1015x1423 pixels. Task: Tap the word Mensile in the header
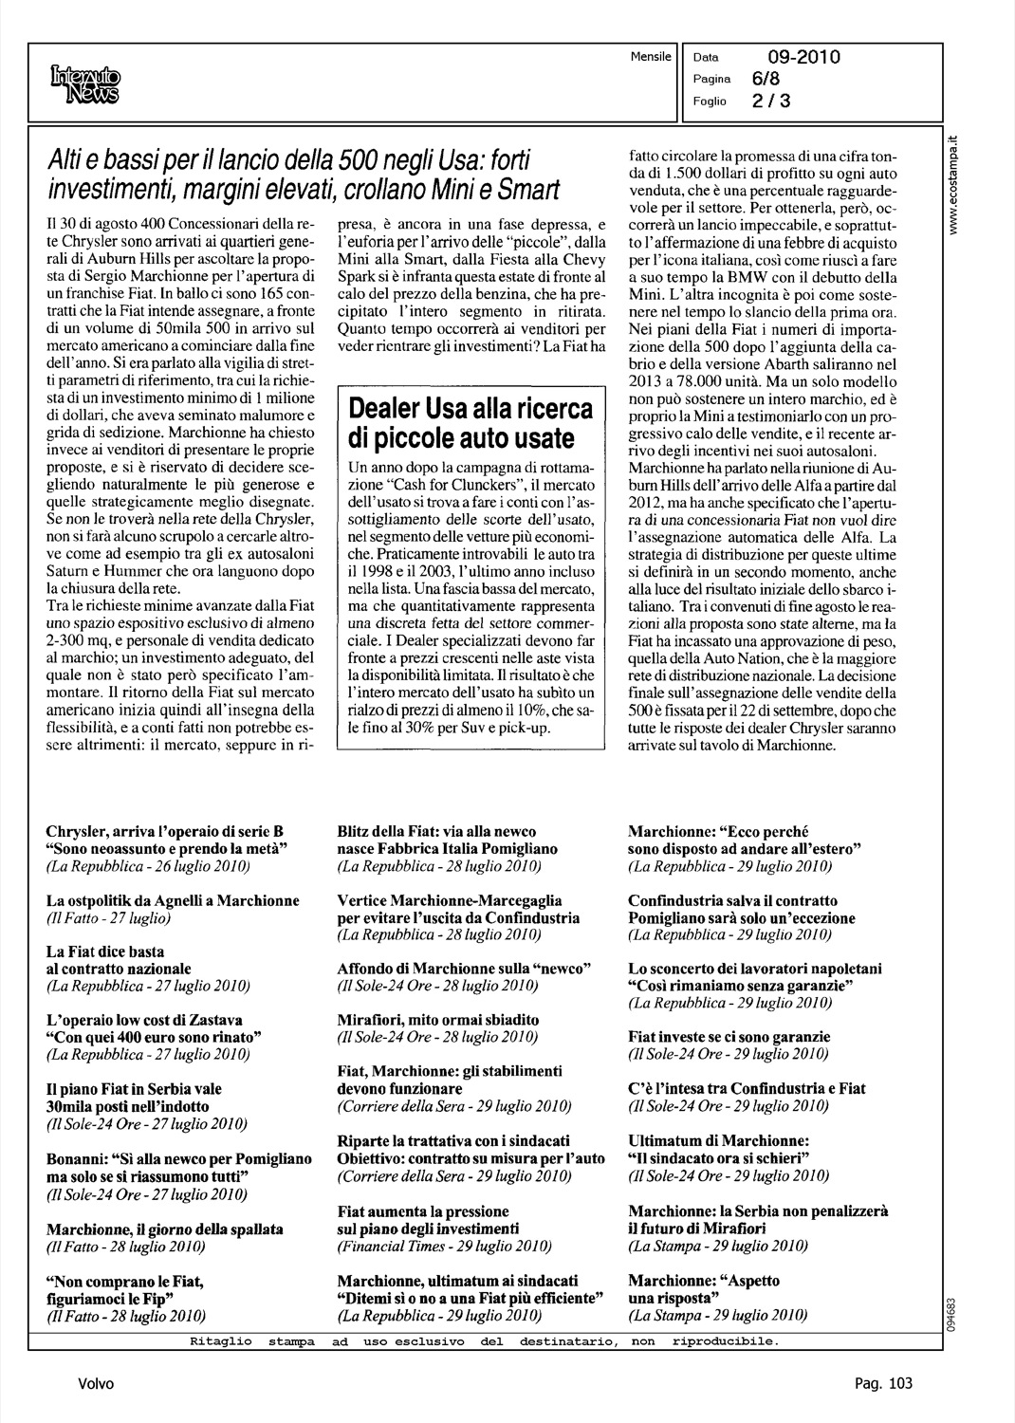point(650,56)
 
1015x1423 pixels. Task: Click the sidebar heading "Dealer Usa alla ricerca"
point(471,409)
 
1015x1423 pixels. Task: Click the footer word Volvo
point(96,1383)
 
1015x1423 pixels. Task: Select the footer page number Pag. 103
point(883,1383)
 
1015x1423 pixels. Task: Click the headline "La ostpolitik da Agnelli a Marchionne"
point(173,900)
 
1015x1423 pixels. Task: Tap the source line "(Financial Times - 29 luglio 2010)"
point(444,1246)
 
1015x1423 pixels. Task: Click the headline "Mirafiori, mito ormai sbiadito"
point(438,1020)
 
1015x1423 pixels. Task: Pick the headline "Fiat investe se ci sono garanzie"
point(729,1037)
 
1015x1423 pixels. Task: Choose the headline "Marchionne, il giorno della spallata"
point(165,1229)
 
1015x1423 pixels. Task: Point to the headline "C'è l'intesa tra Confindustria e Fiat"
point(747,1088)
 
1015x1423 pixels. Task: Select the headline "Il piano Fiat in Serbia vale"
point(134,1089)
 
